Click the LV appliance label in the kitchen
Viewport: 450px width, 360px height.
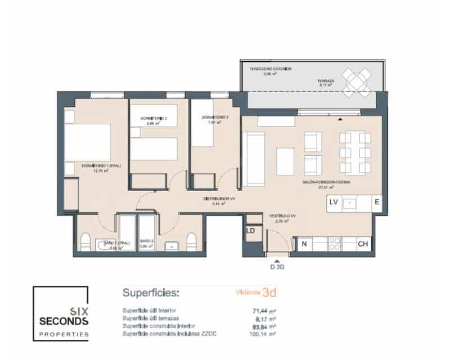[x=334, y=204]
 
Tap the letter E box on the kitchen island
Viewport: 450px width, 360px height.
[x=376, y=204]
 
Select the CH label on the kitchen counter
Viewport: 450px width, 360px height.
[x=363, y=244]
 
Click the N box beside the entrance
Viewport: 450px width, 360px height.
[x=304, y=244]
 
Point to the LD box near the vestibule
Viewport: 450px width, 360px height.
[x=251, y=231]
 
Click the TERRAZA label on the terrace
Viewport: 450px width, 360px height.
[x=326, y=81]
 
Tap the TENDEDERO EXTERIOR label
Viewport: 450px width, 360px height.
[x=271, y=69]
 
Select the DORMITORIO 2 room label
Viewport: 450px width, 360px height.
[x=154, y=118]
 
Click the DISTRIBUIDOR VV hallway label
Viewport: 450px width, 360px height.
[x=218, y=199]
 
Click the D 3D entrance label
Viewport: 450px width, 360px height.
[x=277, y=267]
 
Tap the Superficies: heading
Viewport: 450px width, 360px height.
[x=151, y=293]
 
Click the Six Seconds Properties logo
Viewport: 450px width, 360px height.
[x=60, y=313]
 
